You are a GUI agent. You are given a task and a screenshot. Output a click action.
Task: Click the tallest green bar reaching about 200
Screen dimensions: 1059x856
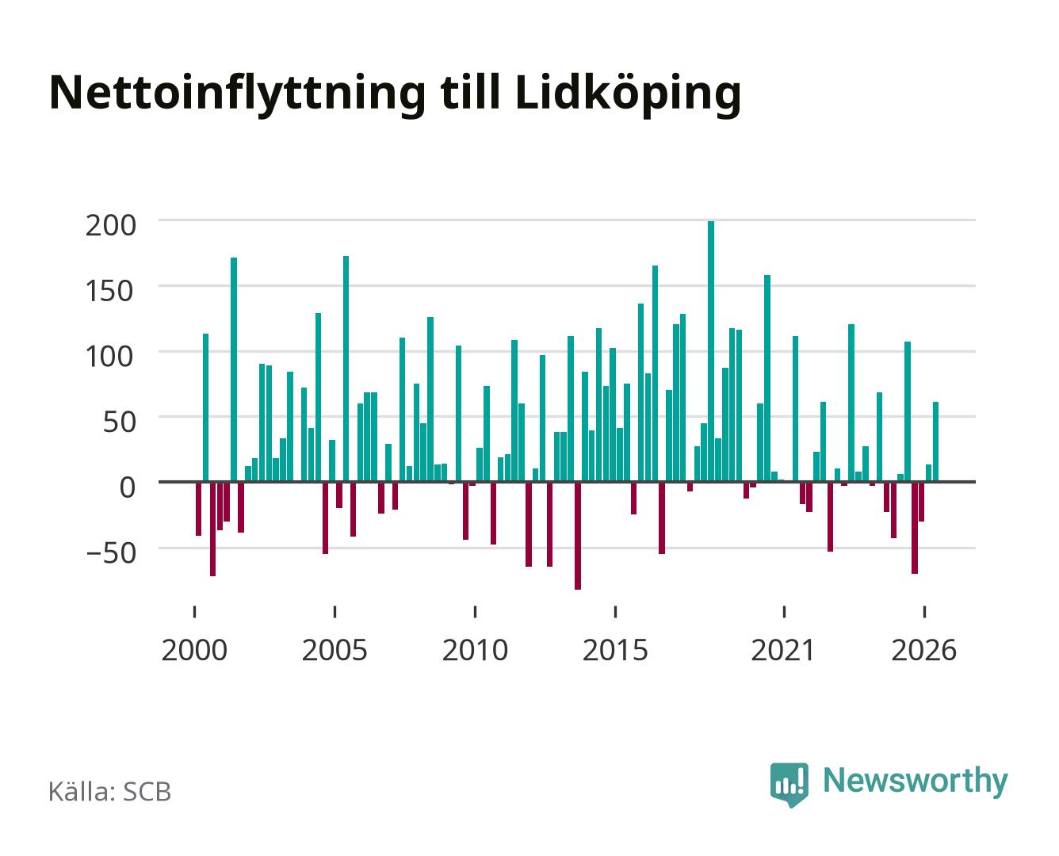(711, 351)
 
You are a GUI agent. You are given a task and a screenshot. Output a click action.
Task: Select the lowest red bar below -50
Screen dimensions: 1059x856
(578, 536)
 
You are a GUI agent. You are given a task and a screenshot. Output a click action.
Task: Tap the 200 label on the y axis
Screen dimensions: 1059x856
(111, 226)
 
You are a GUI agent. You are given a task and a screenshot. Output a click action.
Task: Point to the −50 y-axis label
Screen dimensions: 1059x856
(111, 552)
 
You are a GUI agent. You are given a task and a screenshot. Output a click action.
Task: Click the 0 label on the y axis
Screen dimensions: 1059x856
(128, 487)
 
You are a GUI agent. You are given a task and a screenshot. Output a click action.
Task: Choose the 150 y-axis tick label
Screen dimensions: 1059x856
(110, 291)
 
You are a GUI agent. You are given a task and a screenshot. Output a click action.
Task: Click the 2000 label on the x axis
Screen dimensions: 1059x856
(194, 650)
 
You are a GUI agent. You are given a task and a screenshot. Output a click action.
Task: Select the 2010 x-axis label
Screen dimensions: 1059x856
(475, 650)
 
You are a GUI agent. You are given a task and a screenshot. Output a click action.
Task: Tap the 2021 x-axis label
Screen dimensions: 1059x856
(783, 650)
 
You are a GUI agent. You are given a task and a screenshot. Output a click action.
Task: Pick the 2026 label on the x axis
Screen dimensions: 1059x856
(923, 650)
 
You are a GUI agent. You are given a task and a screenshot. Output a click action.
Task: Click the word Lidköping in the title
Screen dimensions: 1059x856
(628, 95)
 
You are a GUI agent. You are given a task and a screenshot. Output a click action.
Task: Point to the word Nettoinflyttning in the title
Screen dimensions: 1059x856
(237, 95)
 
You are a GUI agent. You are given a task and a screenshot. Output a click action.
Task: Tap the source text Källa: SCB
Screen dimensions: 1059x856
(109, 792)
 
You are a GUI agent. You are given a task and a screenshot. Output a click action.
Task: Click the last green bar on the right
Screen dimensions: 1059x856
(935, 442)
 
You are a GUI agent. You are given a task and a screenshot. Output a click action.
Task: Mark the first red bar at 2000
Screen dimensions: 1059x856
(198, 509)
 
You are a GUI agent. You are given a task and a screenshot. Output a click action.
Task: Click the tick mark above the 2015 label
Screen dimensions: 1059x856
(616, 611)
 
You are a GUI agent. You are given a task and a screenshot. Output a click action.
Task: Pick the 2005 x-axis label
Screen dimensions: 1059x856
(335, 650)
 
